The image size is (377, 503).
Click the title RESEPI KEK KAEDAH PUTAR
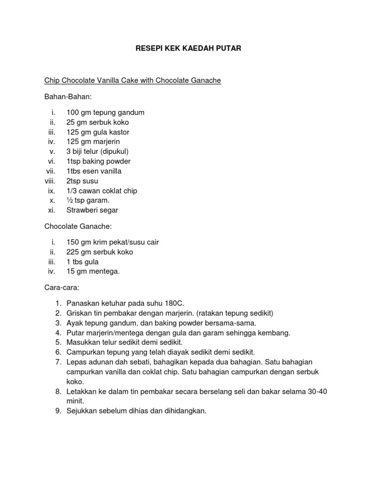click(x=188, y=49)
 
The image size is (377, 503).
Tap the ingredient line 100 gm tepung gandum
click(x=106, y=112)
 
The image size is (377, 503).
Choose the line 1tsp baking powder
click(x=99, y=162)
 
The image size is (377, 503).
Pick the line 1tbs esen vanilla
click(x=94, y=171)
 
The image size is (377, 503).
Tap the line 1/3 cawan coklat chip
click(x=102, y=191)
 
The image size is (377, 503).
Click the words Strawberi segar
click(x=93, y=211)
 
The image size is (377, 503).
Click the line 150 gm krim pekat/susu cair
click(x=113, y=242)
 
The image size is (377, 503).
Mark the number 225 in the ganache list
click(x=73, y=252)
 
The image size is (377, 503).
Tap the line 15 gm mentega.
click(x=93, y=272)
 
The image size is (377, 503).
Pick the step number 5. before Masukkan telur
click(x=58, y=342)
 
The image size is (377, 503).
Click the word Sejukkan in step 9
click(x=83, y=411)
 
